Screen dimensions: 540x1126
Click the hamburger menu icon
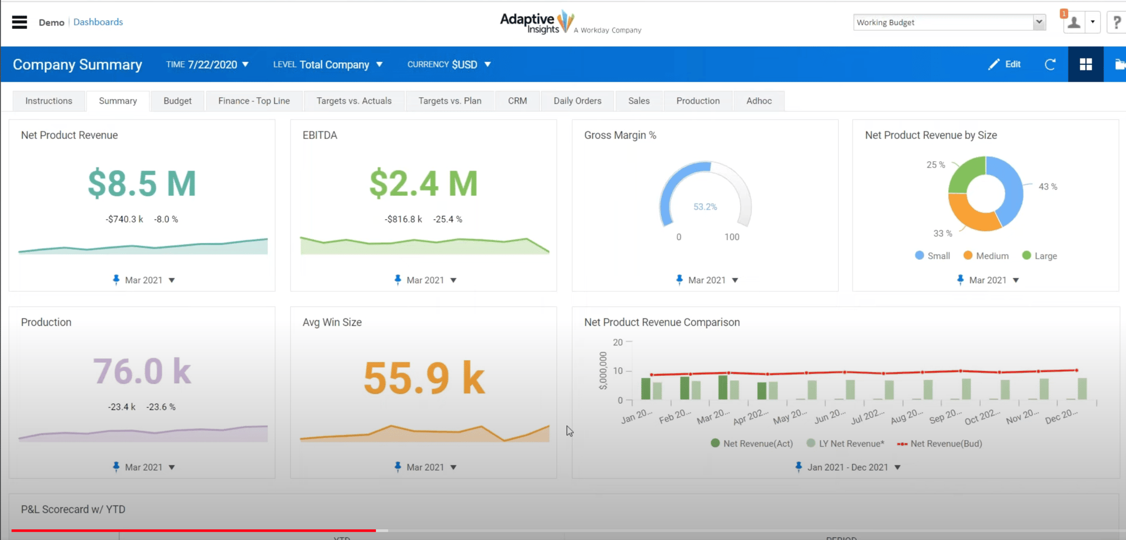point(19,22)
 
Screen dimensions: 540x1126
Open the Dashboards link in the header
point(98,22)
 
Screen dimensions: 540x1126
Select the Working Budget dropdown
point(949,22)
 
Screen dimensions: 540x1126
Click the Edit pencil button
point(1004,64)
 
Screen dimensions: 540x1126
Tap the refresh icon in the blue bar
point(1050,64)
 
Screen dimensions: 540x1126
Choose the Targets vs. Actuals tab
point(354,101)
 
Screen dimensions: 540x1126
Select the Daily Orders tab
point(577,101)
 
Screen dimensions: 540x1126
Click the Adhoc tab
point(759,101)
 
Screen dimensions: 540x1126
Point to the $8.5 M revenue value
point(142,184)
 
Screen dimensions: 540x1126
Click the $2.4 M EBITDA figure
point(423,184)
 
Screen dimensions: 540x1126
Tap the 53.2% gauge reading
point(705,207)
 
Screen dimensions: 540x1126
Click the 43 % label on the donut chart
point(1048,186)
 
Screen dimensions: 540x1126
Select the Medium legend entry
point(986,256)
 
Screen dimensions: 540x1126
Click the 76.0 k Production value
point(142,371)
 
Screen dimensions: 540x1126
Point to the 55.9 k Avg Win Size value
point(423,378)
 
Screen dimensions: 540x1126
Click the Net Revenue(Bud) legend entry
point(940,444)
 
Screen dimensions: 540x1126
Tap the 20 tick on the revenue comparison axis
point(618,342)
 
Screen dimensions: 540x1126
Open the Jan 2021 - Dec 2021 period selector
point(848,468)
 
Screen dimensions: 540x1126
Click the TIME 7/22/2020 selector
point(207,64)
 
